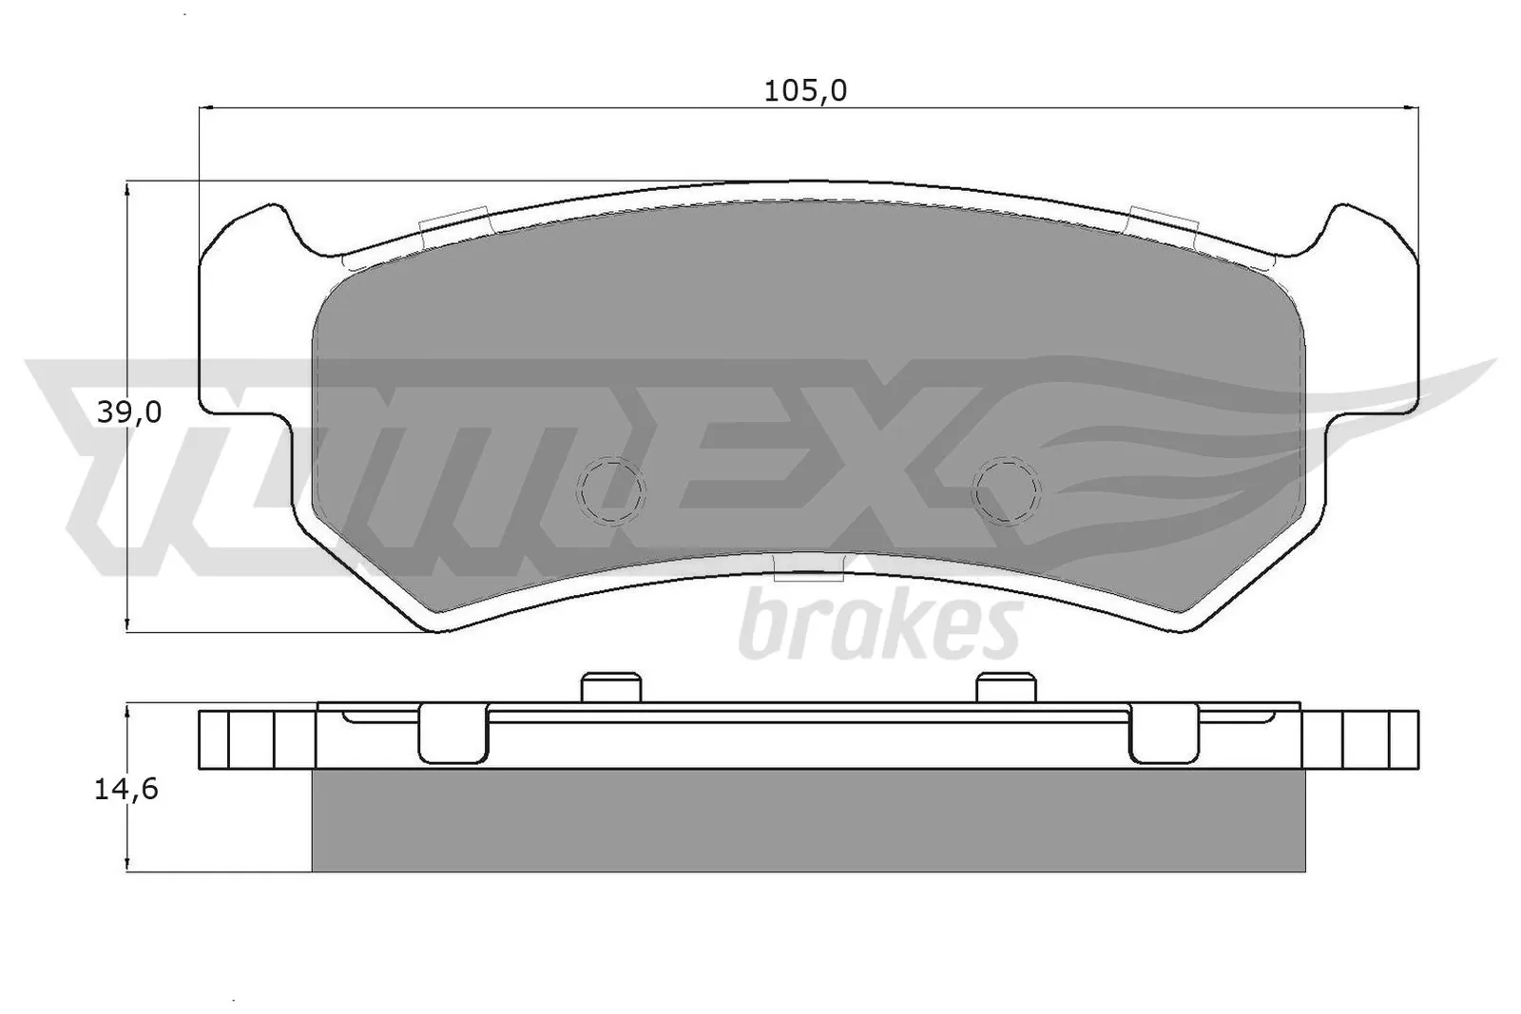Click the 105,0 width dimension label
click(x=805, y=91)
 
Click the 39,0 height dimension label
click(x=129, y=412)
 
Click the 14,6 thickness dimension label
click(x=125, y=790)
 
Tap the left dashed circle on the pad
click(x=610, y=491)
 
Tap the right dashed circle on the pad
click(x=1006, y=491)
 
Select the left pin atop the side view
click(x=610, y=688)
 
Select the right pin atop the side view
click(x=1006, y=688)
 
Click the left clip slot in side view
click(x=452, y=734)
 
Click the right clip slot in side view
click(x=1163, y=734)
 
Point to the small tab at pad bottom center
click(x=809, y=569)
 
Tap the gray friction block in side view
click(x=808, y=820)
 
